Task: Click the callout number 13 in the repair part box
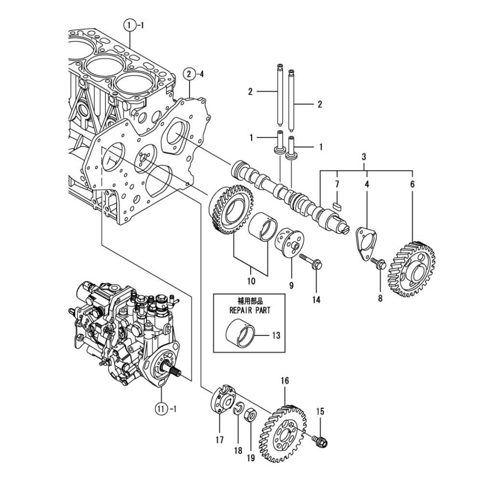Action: (276, 335)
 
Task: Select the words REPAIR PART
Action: (250, 310)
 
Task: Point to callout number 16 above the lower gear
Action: (285, 381)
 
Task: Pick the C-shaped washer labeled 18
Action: (238, 409)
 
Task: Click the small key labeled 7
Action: (337, 205)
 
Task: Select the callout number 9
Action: (291, 285)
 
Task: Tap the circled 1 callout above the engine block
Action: (130, 25)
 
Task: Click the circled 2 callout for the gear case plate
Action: (189, 74)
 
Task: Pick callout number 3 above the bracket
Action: (363, 157)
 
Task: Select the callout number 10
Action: (251, 281)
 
